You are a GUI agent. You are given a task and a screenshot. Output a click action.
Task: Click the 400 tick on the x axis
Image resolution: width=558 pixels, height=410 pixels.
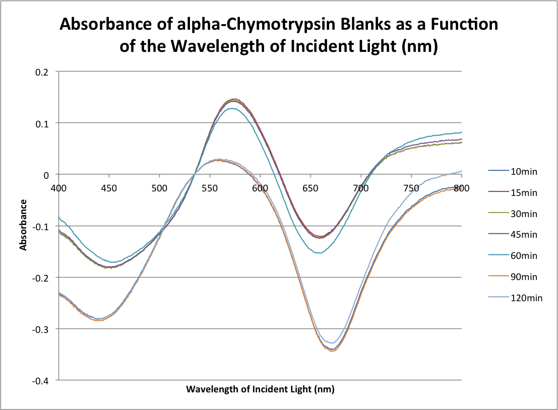point(59,188)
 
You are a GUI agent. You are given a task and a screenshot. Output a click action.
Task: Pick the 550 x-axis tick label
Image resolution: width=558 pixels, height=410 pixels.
point(210,188)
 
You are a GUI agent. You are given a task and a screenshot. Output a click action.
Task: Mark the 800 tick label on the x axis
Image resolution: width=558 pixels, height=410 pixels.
point(461,188)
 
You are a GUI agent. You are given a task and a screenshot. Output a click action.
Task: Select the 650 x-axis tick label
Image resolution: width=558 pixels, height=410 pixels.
point(311,188)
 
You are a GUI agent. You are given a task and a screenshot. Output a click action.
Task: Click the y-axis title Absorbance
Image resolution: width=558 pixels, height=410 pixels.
point(23,225)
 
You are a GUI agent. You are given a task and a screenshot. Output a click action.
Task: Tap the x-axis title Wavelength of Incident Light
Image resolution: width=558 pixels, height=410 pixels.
point(260,389)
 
